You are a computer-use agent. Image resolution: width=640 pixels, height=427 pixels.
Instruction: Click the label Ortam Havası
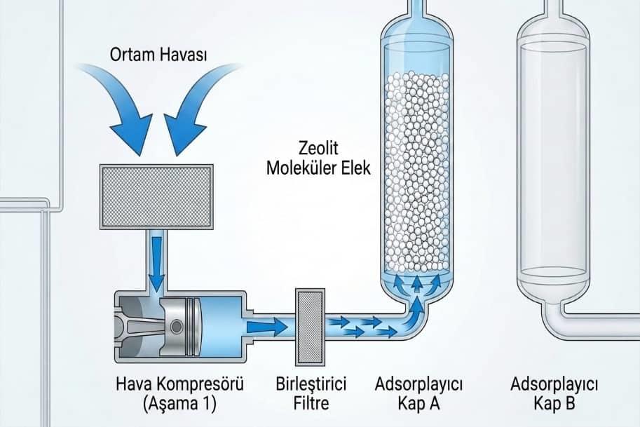coord(158,54)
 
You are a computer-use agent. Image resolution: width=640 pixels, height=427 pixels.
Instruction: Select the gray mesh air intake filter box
coord(156,196)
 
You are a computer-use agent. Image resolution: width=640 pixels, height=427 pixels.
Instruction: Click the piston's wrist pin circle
coord(177,326)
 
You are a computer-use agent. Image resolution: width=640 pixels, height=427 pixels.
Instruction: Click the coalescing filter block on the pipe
coord(311,327)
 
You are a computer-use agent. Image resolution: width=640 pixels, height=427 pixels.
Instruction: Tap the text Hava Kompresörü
coord(180,384)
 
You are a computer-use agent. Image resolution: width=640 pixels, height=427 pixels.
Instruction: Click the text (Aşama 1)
coord(179,404)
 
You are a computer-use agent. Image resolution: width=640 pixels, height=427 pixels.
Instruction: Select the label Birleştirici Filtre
coord(311,393)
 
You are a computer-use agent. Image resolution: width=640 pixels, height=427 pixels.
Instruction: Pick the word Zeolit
coord(318,148)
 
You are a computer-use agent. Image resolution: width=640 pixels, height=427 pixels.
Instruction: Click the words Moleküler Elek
coord(318,168)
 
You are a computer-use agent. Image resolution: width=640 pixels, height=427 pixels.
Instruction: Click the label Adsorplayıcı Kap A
coord(418,393)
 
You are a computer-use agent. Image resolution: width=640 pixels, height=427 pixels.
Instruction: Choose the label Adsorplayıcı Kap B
coord(554,393)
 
